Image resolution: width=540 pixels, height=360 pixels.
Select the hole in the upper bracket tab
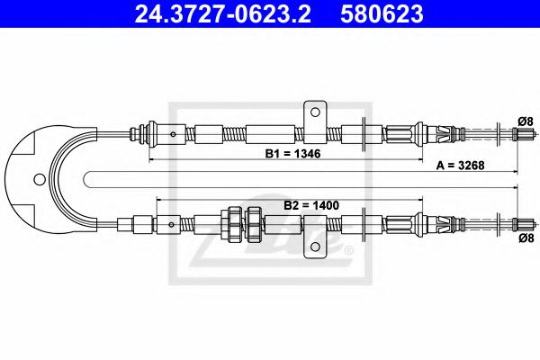click(315, 112)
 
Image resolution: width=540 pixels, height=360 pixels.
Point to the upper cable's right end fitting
click(521, 135)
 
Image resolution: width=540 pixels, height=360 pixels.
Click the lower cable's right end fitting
click(521, 222)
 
